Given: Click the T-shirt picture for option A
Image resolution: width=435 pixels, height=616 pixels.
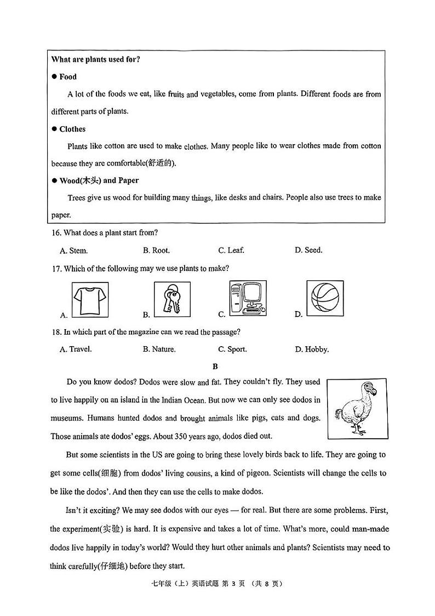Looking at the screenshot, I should (x=90, y=299).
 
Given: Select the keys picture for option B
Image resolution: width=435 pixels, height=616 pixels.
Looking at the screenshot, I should (x=172, y=299).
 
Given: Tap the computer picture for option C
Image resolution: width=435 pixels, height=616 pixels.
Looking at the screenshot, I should (x=248, y=298).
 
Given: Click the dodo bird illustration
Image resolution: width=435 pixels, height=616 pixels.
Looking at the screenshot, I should (x=357, y=409).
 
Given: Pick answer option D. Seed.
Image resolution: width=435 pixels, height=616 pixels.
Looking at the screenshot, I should (x=308, y=250).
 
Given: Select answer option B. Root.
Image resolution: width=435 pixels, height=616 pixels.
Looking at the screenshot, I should (x=156, y=250).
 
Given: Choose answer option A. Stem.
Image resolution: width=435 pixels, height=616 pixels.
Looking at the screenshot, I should (x=73, y=251).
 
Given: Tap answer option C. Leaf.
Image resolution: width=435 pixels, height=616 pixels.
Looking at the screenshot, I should (x=231, y=250).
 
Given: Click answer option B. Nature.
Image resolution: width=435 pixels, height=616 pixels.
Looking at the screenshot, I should (x=159, y=349).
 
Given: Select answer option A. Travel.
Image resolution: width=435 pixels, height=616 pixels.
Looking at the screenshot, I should (x=76, y=349).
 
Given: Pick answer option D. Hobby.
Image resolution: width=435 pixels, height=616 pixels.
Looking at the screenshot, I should (x=312, y=349).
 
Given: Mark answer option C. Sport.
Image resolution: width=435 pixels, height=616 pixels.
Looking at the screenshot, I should (x=232, y=349).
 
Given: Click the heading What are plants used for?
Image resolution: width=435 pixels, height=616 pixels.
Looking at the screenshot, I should (x=96, y=59).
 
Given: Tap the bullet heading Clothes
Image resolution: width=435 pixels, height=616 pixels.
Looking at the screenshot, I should (x=72, y=129).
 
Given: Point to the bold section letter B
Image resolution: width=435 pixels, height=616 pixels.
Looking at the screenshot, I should (x=215, y=366).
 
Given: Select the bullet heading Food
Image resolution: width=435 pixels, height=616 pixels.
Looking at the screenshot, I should (x=67, y=77).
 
